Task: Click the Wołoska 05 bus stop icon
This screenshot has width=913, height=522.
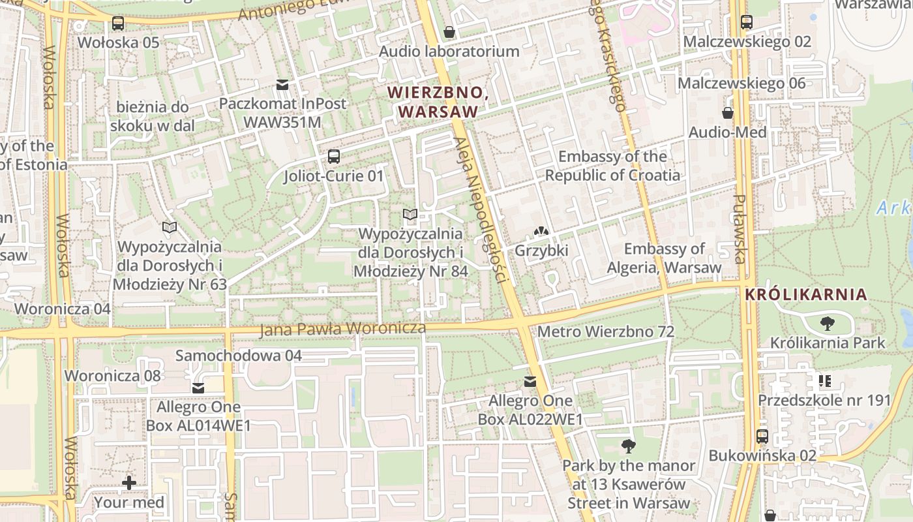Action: pyautogui.click(x=117, y=23)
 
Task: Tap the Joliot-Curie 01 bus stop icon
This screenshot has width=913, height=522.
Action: pyautogui.click(x=333, y=157)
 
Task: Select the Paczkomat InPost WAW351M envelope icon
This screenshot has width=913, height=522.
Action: pyautogui.click(x=282, y=84)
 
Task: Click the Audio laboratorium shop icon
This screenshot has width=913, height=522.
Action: pyautogui.click(x=449, y=32)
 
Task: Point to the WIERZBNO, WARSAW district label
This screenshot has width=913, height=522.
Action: pyautogui.click(x=438, y=102)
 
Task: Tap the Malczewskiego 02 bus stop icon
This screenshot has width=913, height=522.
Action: pyautogui.click(x=747, y=22)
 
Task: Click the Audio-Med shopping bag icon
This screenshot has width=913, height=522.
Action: pyautogui.click(x=728, y=113)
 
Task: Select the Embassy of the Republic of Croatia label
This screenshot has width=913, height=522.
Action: pyautogui.click(x=612, y=166)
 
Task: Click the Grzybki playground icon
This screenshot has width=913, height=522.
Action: pyautogui.click(x=541, y=231)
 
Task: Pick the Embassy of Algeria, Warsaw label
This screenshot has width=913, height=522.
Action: pyautogui.click(x=664, y=258)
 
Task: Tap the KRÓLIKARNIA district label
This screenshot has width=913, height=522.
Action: pyautogui.click(x=806, y=294)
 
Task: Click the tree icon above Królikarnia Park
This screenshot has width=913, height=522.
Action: pyautogui.click(x=828, y=323)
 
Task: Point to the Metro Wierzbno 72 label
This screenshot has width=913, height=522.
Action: pyautogui.click(x=605, y=331)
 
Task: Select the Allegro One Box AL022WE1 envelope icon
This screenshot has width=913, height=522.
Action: pyautogui.click(x=530, y=382)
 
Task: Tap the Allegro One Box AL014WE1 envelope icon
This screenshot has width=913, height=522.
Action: pyautogui.click(x=198, y=388)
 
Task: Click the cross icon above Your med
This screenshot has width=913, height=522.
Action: pyautogui.click(x=129, y=483)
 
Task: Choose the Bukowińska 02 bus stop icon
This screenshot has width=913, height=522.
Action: pyautogui.click(x=762, y=437)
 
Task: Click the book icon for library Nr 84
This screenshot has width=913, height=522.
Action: pyautogui.click(x=410, y=214)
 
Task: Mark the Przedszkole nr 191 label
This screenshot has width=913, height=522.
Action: pyautogui.click(x=824, y=400)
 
